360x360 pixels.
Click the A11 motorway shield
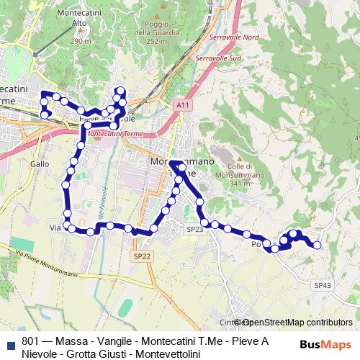point(182,105)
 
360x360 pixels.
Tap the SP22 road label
point(142,256)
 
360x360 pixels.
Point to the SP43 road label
point(323,285)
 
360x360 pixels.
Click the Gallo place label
point(40,163)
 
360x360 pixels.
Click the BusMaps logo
point(327,344)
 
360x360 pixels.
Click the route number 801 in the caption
point(31,341)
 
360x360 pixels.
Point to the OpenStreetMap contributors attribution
point(297,323)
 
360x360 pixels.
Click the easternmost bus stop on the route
point(317,245)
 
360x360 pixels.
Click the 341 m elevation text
point(239,183)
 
